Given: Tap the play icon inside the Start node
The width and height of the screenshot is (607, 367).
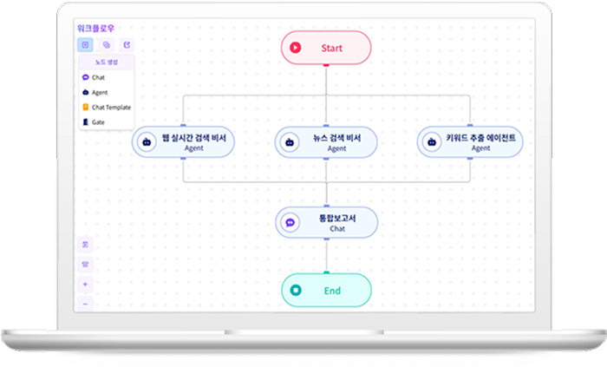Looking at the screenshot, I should [x=296, y=48].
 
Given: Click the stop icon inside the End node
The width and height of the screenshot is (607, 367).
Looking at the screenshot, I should [x=296, y=290].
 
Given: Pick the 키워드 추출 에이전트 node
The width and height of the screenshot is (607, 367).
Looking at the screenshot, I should [x=470, y=142].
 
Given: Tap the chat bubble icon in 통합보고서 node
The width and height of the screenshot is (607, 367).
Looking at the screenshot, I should [x=290, y=223].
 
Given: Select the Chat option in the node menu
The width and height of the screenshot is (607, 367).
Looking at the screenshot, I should [x=98, y=77].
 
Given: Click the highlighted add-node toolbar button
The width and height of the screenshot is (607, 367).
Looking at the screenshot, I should [x=85, y=45].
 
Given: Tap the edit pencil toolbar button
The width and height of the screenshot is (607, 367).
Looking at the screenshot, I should [x=127, y=45].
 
